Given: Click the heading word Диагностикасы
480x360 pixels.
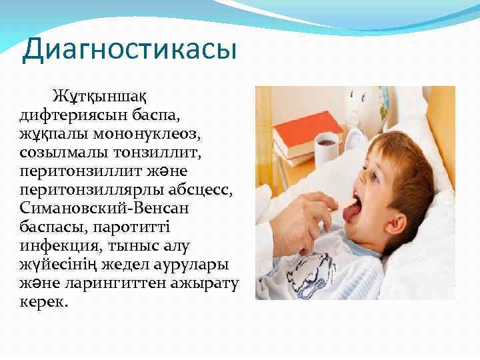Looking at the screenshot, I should pyautogui.click(x=129, y=51).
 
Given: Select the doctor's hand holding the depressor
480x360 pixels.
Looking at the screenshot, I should pyautogui.click(x=303, y=223).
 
